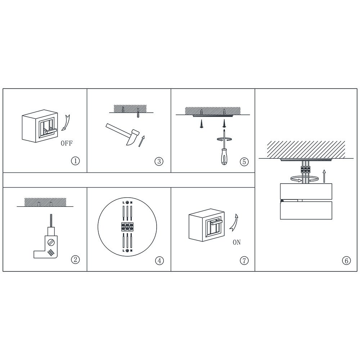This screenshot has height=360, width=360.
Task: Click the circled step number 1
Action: click(x=75, y=161)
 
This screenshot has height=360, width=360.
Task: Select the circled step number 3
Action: click(x=159, y=161)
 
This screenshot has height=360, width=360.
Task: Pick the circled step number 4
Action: click(x=159, y=261)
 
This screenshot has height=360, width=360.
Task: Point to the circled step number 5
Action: click(x=244, y=162)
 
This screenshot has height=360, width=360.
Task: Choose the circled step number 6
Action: click(x=346, y=261)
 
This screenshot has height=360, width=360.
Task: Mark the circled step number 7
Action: click(x=244, y=261)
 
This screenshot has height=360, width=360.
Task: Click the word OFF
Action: click(x=67, y=143)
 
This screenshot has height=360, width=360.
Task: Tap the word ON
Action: click(x=237, y=242)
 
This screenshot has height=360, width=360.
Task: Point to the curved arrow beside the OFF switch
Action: click(x=66, y=123)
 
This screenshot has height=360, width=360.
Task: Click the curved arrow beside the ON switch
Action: click(x=234, y=222)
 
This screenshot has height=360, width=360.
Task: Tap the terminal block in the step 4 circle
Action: click(x=127, y=226)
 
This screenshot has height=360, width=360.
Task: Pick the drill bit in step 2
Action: click(x=51, y=220)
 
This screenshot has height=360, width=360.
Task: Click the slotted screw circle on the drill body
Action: click(x=51, y=242)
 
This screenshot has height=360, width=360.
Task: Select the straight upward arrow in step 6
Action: click(x=324, y=176)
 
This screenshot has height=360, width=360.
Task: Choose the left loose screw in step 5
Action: click(x=201, y=123)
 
